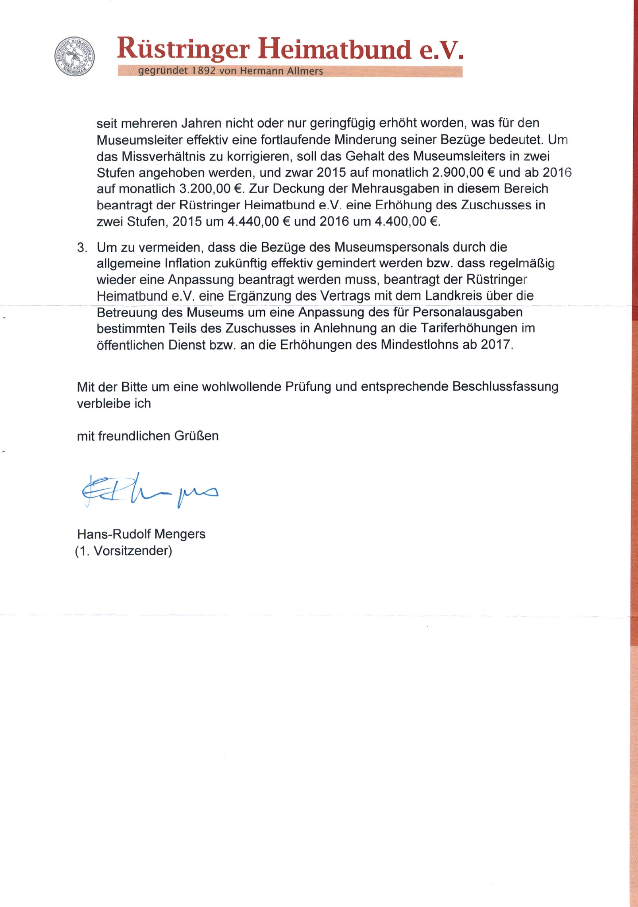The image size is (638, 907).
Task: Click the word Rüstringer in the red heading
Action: click(x=184, y=49)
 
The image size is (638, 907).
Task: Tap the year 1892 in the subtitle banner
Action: click(x=203, y=71)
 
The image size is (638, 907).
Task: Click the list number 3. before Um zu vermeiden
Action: click(x=82, y=248)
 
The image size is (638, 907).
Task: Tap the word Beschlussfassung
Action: click(x=505, y=387)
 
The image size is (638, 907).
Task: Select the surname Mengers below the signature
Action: click(x=180, y=534)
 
